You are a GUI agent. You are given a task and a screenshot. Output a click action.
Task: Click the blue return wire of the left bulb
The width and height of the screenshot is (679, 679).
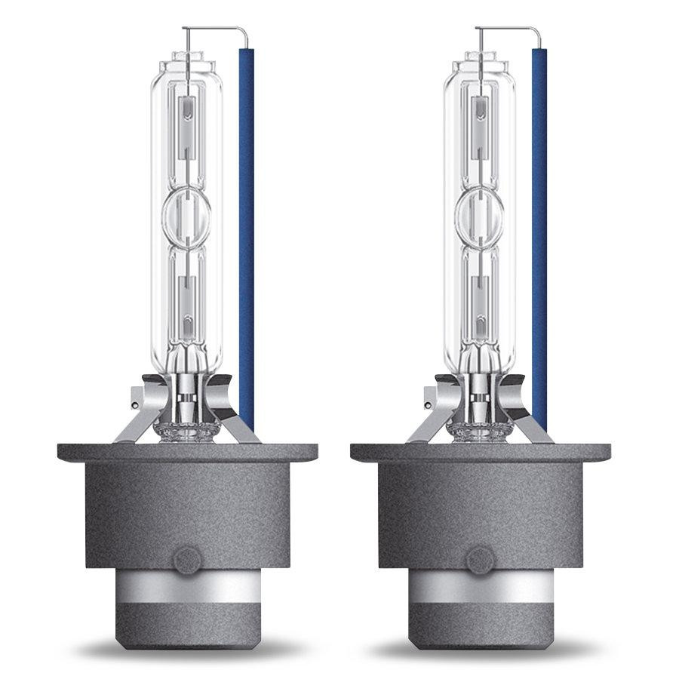(246, 226)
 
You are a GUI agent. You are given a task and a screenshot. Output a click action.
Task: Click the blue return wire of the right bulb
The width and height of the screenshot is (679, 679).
(539, 226)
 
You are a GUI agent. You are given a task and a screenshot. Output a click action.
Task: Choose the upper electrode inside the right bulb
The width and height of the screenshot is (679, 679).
(478, 121)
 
